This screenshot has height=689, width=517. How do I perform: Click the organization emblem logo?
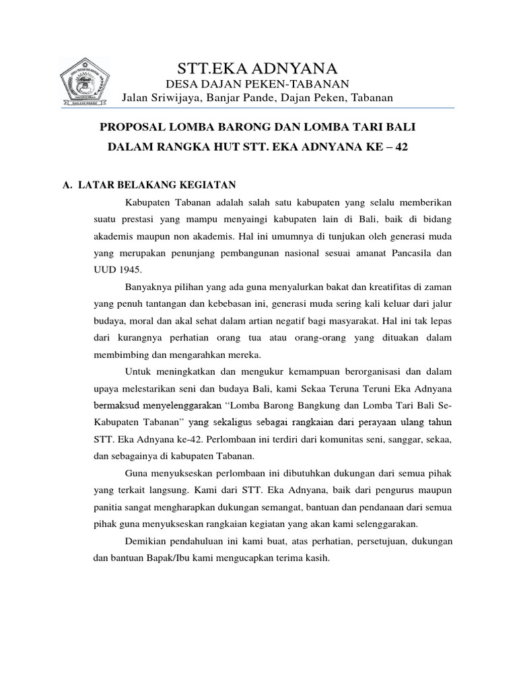84,82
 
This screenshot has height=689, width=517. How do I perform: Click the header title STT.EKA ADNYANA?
257,67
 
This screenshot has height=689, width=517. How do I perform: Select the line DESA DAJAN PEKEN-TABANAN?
257,83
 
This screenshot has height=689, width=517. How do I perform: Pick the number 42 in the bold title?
401,146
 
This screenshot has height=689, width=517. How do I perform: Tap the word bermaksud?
116,406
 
